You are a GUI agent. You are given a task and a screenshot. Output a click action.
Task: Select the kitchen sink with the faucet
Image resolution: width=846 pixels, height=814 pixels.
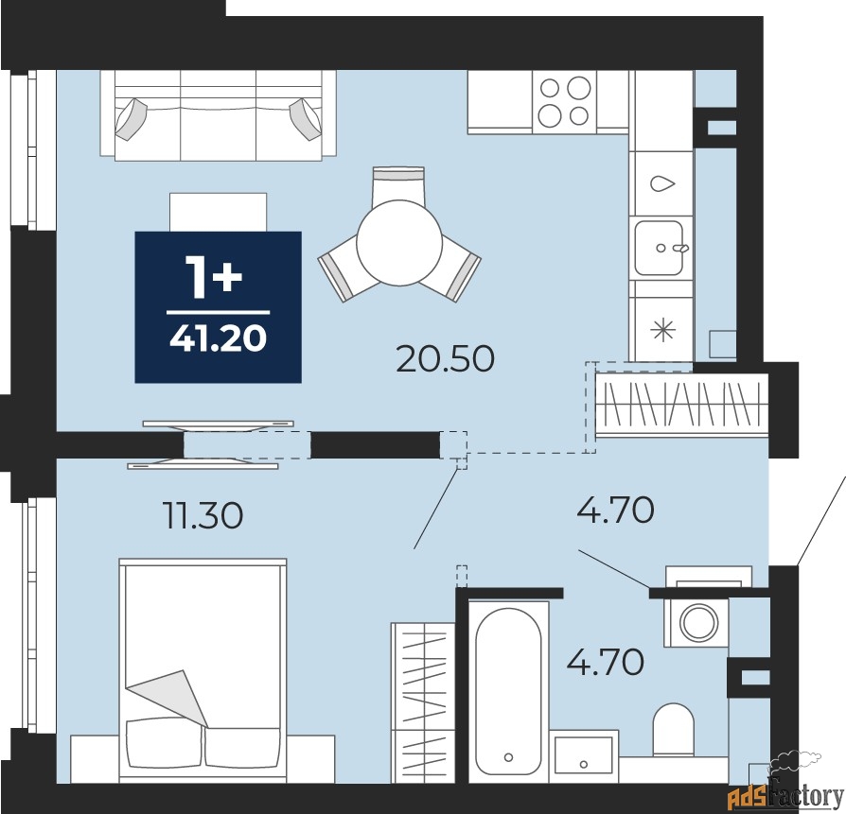(660, 249)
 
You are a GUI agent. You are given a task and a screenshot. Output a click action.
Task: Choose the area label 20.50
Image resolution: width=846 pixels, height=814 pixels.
(445, 359)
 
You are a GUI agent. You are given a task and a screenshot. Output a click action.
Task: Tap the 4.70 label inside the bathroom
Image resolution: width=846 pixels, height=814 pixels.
(605, 660)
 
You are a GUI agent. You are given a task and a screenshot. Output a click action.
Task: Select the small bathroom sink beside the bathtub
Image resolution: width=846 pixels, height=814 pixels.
(584, 754)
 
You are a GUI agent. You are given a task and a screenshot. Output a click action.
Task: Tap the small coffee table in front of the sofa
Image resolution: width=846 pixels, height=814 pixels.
(218, 211)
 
